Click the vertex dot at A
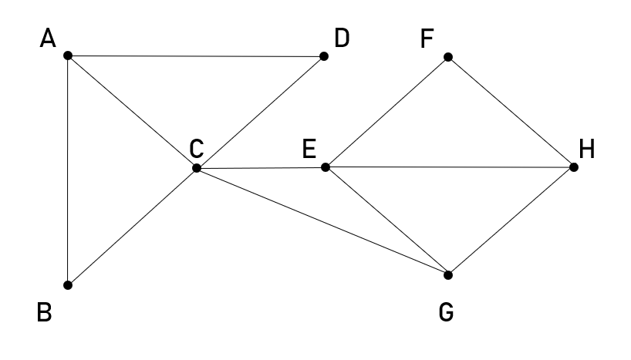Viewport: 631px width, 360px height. (x=68, y=56)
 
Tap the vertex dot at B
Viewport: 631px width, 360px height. (x=68, y=285)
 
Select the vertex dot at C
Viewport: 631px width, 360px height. (x=196, y=167)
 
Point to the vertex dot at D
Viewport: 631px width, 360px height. (x=324, y=56)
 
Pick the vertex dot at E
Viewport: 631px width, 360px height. (x=326, y=167)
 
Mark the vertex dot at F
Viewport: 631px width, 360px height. (x=447, y=57)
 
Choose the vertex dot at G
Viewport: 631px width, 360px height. (x=447, y=274)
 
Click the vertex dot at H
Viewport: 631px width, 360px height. (x=574, y=167)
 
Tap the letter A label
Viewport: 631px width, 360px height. (x=48, y=39)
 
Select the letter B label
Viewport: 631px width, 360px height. (x=46, y=313)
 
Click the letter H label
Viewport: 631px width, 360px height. (x=588, y=149)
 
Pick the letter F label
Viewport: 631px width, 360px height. (x=427, y=39)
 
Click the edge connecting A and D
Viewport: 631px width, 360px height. (x=196, y=56)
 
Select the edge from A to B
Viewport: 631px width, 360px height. (x=68, y=170)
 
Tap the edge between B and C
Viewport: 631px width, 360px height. (x=132, y=226)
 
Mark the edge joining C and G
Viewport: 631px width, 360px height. (x=322, y=220)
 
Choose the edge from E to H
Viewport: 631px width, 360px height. (x=450, y=167)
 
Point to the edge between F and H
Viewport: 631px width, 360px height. (x=511, y=112)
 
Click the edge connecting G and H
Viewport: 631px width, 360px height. (x=511, y=220)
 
